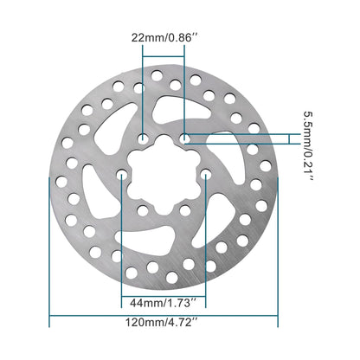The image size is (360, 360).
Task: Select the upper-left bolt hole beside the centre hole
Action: click(x=143, y=138)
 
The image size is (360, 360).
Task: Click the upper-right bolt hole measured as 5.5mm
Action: click(x=185, y=138)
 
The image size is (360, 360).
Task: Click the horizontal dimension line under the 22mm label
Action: click(x=164, y=58)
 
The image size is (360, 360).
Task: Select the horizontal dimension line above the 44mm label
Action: click(x=164, y=290)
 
